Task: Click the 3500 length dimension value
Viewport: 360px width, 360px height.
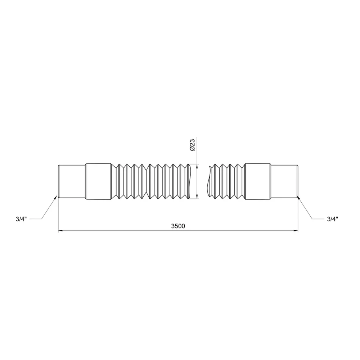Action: [x=178, y=226]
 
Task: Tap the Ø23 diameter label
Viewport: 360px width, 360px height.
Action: [x=192, y=145]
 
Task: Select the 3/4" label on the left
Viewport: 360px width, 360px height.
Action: [x=21, y=219]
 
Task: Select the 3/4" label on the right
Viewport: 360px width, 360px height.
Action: [x=332, y=219]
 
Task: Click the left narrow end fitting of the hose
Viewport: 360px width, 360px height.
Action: [x=72, y=181]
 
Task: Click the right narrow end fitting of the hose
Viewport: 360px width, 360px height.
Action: [x=284, y=181]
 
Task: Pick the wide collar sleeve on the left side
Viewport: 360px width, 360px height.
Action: [x=98, y=181]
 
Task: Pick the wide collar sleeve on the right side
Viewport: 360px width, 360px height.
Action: [x=258, y=181]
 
